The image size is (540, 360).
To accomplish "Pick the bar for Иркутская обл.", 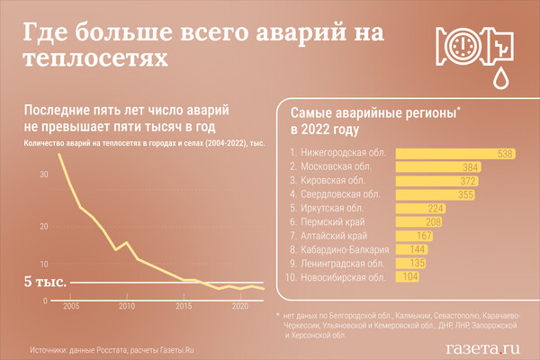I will pyautogui.click(x=422, y=208).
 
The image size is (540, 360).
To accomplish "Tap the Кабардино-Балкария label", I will pyautogui.click(x=346, y=249).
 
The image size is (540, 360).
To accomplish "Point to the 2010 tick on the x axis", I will pyautogui.click(x=127, y=307).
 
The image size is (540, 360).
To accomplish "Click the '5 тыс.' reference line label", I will pyautogui.click(x=45, y=283).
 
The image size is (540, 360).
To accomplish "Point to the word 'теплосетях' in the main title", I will pyautogui.click(x=94, y=57).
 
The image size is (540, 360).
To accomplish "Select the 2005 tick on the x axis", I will pyautogui.click(x=70, y=307).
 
